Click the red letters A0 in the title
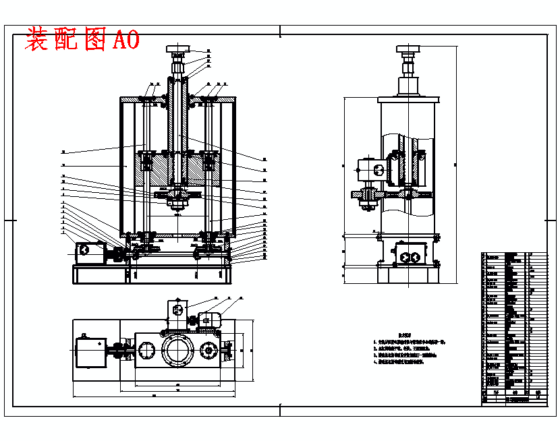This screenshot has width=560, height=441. point(126,40)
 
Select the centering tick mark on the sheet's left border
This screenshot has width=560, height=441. point(9,220)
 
